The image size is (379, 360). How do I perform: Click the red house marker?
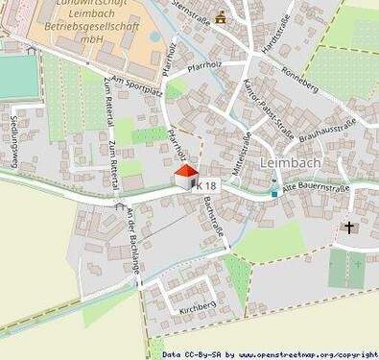point(188,175)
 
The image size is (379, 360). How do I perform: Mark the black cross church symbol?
point(349,228)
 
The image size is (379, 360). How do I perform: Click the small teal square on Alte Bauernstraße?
point(274,193)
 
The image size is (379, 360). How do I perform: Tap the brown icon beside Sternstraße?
point(222,16)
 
